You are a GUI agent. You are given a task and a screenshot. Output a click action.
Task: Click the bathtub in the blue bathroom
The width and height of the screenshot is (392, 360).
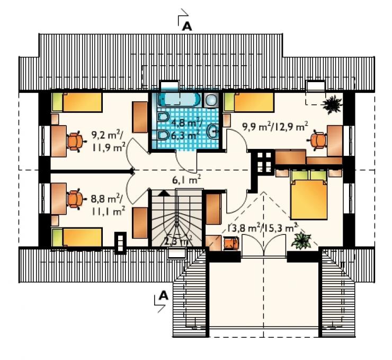tap(179, 100)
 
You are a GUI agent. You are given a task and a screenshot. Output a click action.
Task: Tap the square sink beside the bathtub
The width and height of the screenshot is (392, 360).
tap(211, 100)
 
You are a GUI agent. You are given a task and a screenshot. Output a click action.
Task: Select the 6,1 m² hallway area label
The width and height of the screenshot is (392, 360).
tap(186, 180)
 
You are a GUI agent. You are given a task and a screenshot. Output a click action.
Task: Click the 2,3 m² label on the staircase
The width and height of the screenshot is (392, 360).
tap(178, 241)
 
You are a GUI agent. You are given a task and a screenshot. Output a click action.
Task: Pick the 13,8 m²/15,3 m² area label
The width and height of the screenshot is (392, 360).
tap(262, 228)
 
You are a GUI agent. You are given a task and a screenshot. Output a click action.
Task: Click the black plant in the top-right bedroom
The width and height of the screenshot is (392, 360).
tap(332, 105)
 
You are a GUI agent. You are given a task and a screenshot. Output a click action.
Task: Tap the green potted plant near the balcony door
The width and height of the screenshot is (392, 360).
tap(301, 241)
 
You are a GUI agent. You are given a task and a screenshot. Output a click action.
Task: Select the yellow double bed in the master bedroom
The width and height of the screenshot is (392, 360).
tap(309, 195)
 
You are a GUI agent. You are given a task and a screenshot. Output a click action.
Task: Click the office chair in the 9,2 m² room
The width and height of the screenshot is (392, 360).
tap(76, 142)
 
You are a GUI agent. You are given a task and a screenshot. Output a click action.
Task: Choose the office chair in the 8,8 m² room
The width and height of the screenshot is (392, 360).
tap(76, 199)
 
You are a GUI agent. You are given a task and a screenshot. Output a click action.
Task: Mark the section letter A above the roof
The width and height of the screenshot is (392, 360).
tap(187, 26)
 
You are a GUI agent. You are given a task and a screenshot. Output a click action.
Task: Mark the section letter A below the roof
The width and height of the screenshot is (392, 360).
tap(164, 295)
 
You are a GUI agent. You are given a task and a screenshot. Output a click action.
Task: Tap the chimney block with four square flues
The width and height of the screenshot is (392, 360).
tap(264, 161)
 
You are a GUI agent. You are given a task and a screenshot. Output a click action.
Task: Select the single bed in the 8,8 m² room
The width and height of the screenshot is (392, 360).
tap(77, 237)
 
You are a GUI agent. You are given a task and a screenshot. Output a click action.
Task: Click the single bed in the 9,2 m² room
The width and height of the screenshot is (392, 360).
tap(77, 102)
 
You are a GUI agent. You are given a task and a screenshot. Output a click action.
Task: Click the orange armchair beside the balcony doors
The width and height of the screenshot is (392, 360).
tap(231, 243)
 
